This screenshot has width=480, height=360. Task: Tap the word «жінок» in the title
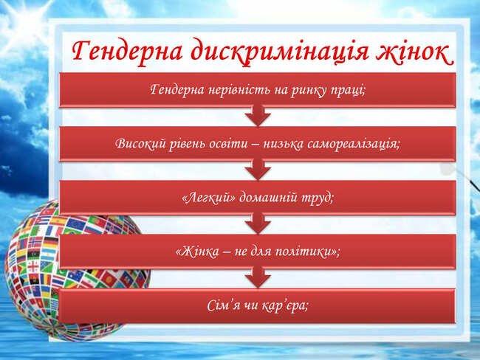click(x=414, y=51)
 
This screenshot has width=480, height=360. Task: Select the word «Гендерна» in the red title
click(x=127, y=51)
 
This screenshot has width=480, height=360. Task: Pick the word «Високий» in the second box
click(x=140, y=143)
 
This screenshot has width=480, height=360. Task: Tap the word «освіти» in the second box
click(x=228, y=143)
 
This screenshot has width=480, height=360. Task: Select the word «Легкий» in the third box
click(x=209, y=198)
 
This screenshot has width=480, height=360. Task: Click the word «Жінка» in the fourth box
click(x=197, y=252)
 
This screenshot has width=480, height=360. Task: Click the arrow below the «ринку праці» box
click(x=258, y=117)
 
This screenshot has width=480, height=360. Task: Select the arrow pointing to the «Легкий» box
click(x=258, y=170)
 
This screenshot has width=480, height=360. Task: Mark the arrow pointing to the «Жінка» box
click(x=258, y=224)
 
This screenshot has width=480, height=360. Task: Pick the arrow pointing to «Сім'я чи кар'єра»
click(x=258, y=278)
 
